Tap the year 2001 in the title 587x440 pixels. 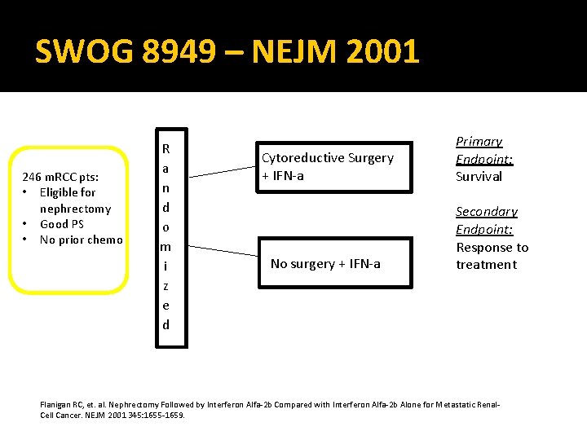[382, 52]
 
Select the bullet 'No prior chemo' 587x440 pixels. [81, 240]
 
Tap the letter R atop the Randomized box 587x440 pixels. [166, 149]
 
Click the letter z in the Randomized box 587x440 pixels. [166, 286]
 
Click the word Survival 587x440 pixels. [479, 177]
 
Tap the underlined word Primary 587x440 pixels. [479, 142]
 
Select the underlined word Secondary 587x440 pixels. [487, 212]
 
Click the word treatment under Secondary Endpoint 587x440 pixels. [486, 265]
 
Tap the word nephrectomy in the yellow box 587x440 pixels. [75, 209]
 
